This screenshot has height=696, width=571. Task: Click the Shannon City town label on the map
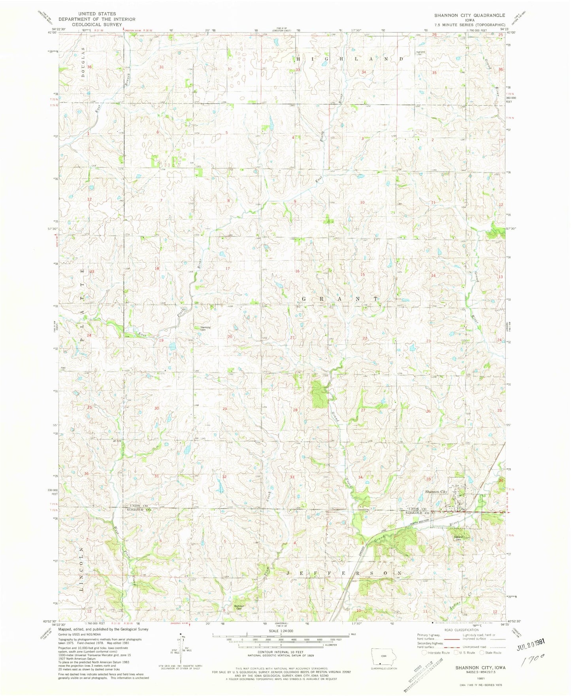tap(435, 492)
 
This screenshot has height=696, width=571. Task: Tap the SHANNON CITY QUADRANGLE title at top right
tap(469, 15)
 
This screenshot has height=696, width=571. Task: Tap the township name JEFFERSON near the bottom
tap(345, 573)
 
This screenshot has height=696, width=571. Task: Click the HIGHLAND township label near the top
tap(350, 58)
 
